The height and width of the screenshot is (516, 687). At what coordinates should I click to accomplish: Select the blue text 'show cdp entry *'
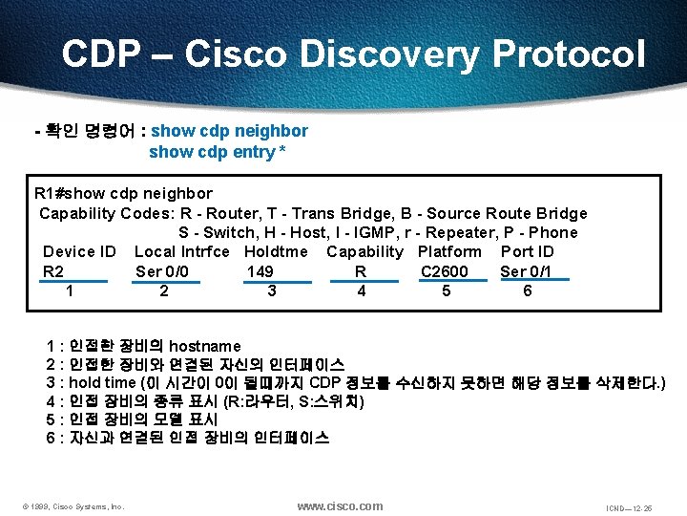coord(219,153)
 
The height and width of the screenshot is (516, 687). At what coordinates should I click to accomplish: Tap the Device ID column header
coord(79,252)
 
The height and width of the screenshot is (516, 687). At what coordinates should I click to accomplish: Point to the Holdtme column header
coord(276,252)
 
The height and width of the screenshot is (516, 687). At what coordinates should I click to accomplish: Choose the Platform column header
coord(449,252)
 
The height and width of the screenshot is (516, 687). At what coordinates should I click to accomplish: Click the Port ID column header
coord(527,252)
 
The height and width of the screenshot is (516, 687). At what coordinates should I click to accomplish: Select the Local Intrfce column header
coord(182,252)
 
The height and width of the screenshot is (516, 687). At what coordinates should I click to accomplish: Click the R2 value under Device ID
coord(53,271)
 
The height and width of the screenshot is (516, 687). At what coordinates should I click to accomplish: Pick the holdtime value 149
coord(260,271)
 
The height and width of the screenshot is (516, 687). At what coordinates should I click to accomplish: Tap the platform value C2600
coord(445,271)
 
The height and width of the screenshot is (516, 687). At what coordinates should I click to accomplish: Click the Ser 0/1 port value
coord(526,271)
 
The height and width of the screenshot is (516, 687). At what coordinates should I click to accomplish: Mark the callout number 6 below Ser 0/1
coord(528,291)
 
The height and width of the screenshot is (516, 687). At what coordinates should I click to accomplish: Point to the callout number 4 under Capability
coord(361,291)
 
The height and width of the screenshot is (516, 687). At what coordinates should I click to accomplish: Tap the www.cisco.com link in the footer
coord(340,505)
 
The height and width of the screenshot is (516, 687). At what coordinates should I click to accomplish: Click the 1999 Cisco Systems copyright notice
coord(73,506)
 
